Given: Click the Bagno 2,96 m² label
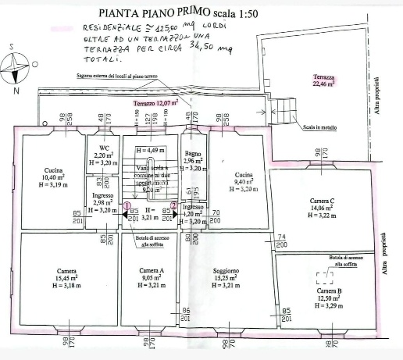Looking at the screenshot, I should click(x=192, y=161).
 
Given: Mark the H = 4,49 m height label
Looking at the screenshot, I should click(x=148, y=150).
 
